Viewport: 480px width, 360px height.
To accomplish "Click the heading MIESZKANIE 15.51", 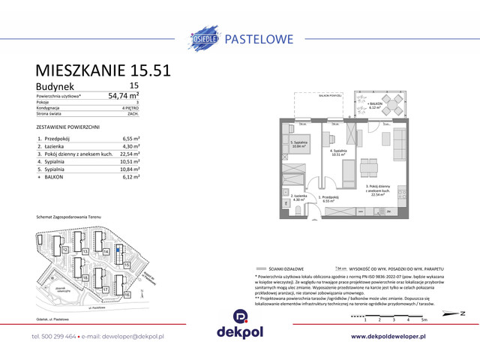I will click(x=103, y=70).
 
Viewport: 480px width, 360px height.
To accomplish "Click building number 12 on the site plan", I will click(x=65, y=249).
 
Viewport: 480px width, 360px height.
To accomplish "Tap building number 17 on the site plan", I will click(x=106, y=289).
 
